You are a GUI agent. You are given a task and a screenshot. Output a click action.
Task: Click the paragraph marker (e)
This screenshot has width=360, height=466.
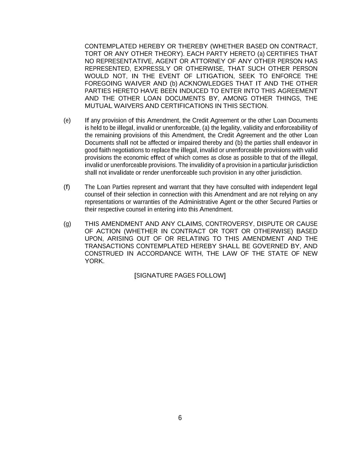[x=67, y=121]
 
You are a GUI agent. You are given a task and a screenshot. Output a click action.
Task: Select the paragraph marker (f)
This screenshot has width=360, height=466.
[x=67, y=187]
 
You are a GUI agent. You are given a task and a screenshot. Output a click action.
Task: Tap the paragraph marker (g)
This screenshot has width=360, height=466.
[x=67, y=224]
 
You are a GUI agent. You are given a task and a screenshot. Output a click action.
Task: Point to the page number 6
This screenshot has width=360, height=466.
[x=180, y=418]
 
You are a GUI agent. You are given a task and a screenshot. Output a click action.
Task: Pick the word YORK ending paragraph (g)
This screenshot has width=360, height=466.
[x=94, y=261]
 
